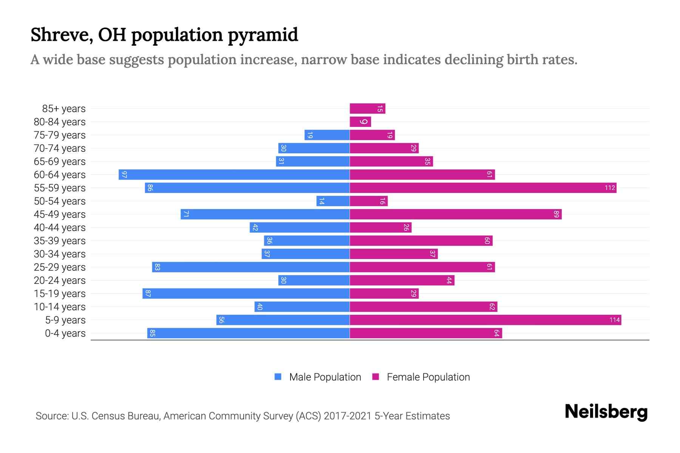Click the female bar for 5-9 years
485,320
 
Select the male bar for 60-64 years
234,175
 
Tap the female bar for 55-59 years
483,188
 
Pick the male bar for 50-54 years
333,201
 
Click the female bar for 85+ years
367,109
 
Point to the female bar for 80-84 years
360,122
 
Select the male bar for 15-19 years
246,294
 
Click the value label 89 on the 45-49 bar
556,214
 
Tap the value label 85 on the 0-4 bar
152,333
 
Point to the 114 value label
614,320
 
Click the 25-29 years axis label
60,267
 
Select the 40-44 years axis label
60,228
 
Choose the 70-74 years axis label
60,148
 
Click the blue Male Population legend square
278,377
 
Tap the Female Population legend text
428,377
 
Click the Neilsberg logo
606,412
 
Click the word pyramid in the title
263,35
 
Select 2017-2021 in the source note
348,416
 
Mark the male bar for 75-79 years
327,135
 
